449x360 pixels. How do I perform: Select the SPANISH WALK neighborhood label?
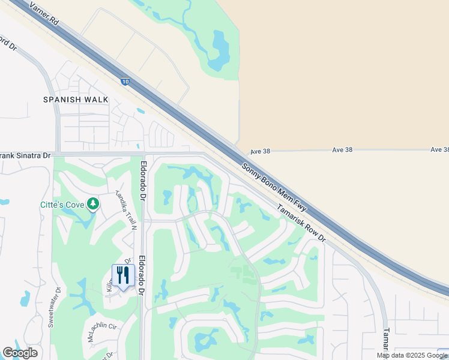click(x=76, y=100)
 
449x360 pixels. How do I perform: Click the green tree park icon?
click(x=92, y=205)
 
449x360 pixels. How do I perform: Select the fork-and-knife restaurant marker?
click(x=123, y=275)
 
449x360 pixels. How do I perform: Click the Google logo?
click(x=20, y=353)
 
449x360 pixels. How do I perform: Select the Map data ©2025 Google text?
click(x=412, y=355)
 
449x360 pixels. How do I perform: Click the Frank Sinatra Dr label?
click(x=25, y=155)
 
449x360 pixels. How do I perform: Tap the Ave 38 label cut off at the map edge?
click(x=439, y=149)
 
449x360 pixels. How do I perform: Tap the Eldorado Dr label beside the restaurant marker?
click(x=142, y=276)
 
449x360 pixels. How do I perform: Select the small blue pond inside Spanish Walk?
click(x=140, y=111)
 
